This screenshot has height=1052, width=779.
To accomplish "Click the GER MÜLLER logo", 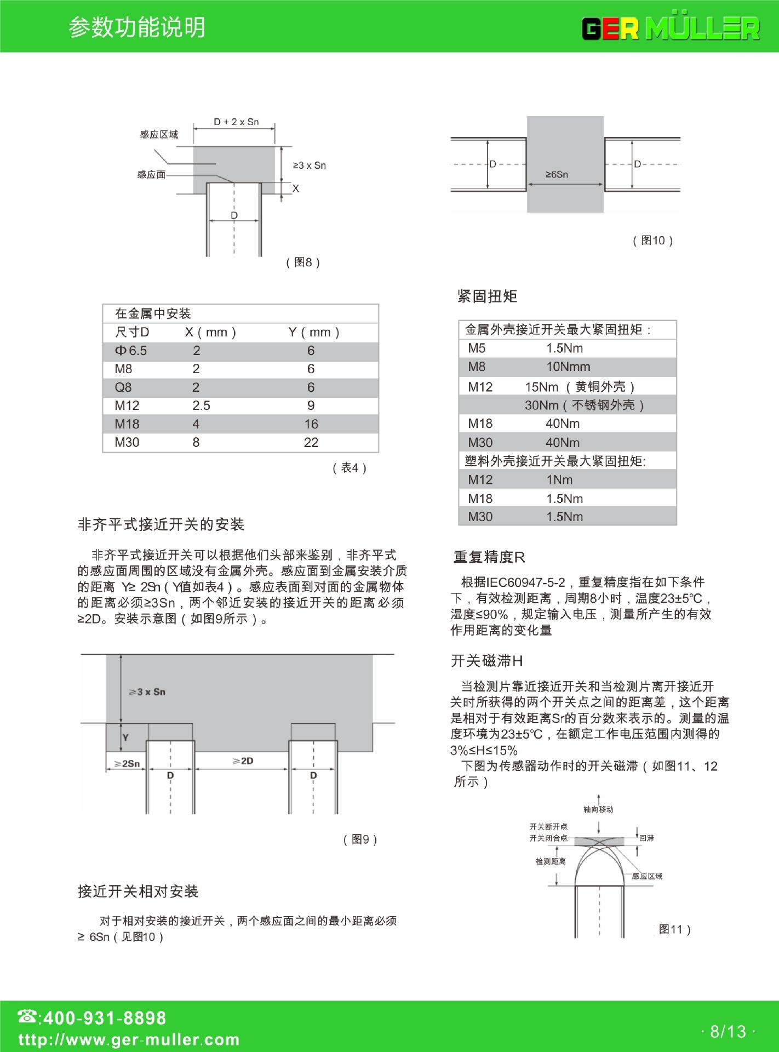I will pyautogui.click(x=671, y=28).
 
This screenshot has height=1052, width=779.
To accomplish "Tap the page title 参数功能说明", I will pyautogui.click(x=137, y=27).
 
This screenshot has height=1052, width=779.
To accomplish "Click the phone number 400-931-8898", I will pyautogui.click(x=104, y=1017).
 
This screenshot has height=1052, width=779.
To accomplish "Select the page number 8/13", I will pyautogui.click(x=728, y=1032).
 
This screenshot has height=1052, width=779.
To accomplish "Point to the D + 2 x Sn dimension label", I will pyautogui.click(x=236, y=122).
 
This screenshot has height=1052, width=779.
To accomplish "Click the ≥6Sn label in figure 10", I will pyautogui.click(x=557, y=174).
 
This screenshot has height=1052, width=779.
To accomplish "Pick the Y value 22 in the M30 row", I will pyautogui.click(x=311, y=442).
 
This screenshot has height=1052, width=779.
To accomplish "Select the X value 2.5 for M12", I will pyautogui.click(x=201, y=405).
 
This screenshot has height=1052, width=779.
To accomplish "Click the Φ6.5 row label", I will pyautogui.click(x=130, y=351).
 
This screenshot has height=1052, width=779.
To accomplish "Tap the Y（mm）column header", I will pyautogui.click(x=314, y=332).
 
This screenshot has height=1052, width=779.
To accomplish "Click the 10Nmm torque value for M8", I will pyautogui.click(x=568, y=367).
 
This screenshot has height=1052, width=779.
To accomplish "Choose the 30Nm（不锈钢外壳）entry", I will pyautogui.click(x=585, y=405).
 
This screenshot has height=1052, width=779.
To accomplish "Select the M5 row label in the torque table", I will pyautogui.click(x=477, y=348).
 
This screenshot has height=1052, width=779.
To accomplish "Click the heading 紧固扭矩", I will pyautogui.click(x=487, y=296).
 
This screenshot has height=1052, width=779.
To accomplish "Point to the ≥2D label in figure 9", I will pyautogui.click(x=243, y=761).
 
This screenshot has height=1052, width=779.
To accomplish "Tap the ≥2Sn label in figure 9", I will pyautogui.click(x=127, y=763).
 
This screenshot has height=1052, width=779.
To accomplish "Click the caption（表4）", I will pyautogui.click(x=350, y=468).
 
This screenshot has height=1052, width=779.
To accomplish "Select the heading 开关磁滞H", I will pyautogui.click(x=486, y=661).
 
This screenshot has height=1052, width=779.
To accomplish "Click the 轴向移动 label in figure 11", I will pyautogui.click(x=598, y=809).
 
